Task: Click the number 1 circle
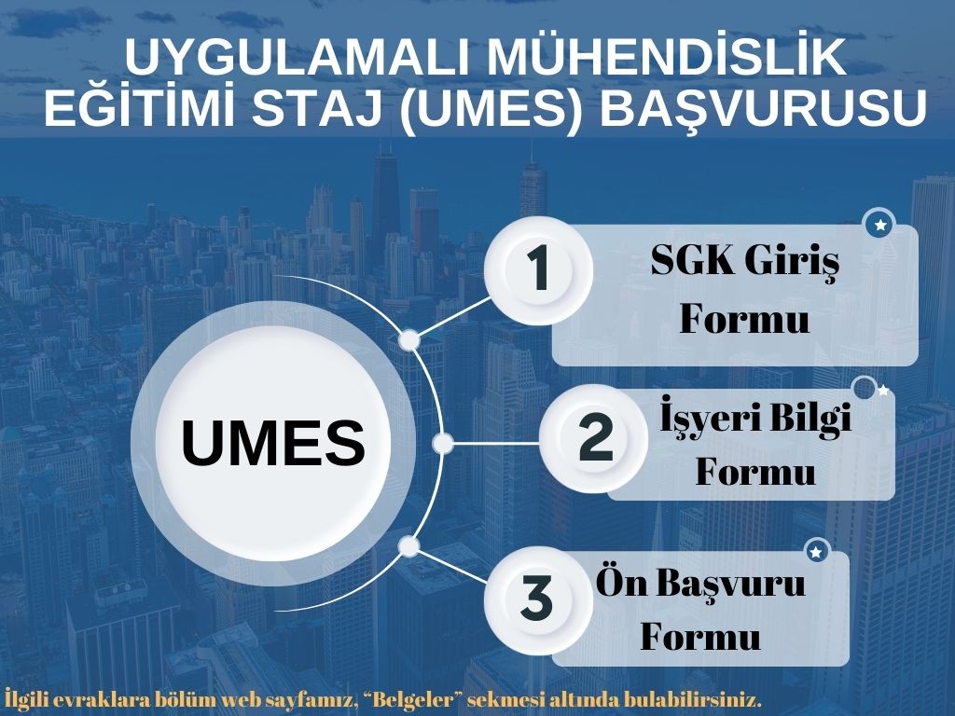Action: [538, 270]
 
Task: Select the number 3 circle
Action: [536, 598]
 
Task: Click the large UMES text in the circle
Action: [272, 443]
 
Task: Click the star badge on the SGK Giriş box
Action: [879, 225]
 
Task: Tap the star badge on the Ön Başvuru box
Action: [816, 552]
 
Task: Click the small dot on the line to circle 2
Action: [443, 443]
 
